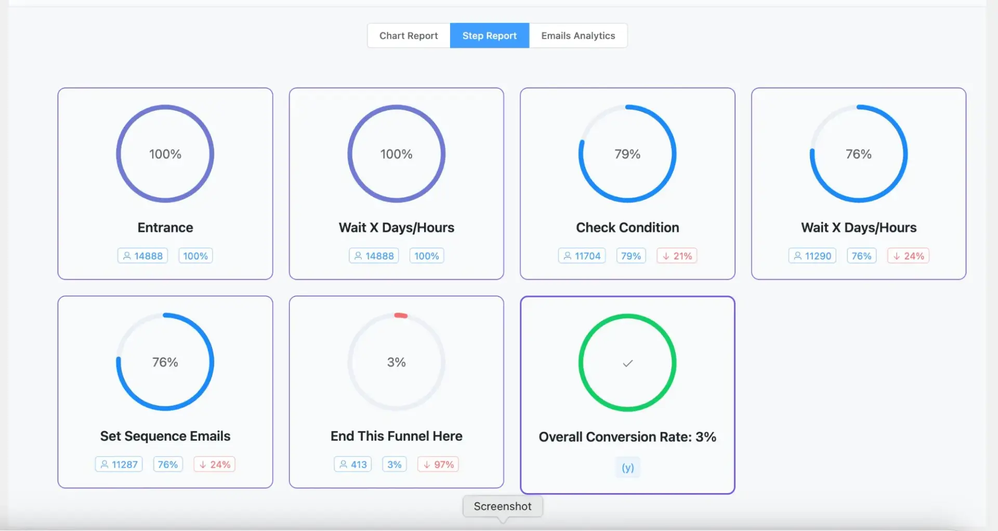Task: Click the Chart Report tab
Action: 409,36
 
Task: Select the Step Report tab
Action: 489,36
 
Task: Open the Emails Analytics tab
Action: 578,36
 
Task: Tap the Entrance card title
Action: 165,228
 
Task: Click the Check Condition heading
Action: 627,228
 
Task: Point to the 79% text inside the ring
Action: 627,154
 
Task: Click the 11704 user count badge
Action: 582,256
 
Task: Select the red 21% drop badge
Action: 677,256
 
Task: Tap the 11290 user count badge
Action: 812,256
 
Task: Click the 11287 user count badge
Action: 119,464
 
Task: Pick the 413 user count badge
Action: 353,464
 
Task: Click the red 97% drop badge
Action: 438,464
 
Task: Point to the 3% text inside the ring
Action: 397,362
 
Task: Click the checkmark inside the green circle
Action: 627,363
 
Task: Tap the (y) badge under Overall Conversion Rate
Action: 627,468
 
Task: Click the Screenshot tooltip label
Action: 503,507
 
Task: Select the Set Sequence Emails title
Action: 165,436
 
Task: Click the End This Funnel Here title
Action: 397,436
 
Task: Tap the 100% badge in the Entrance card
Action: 195,256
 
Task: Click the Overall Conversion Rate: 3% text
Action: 627,437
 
